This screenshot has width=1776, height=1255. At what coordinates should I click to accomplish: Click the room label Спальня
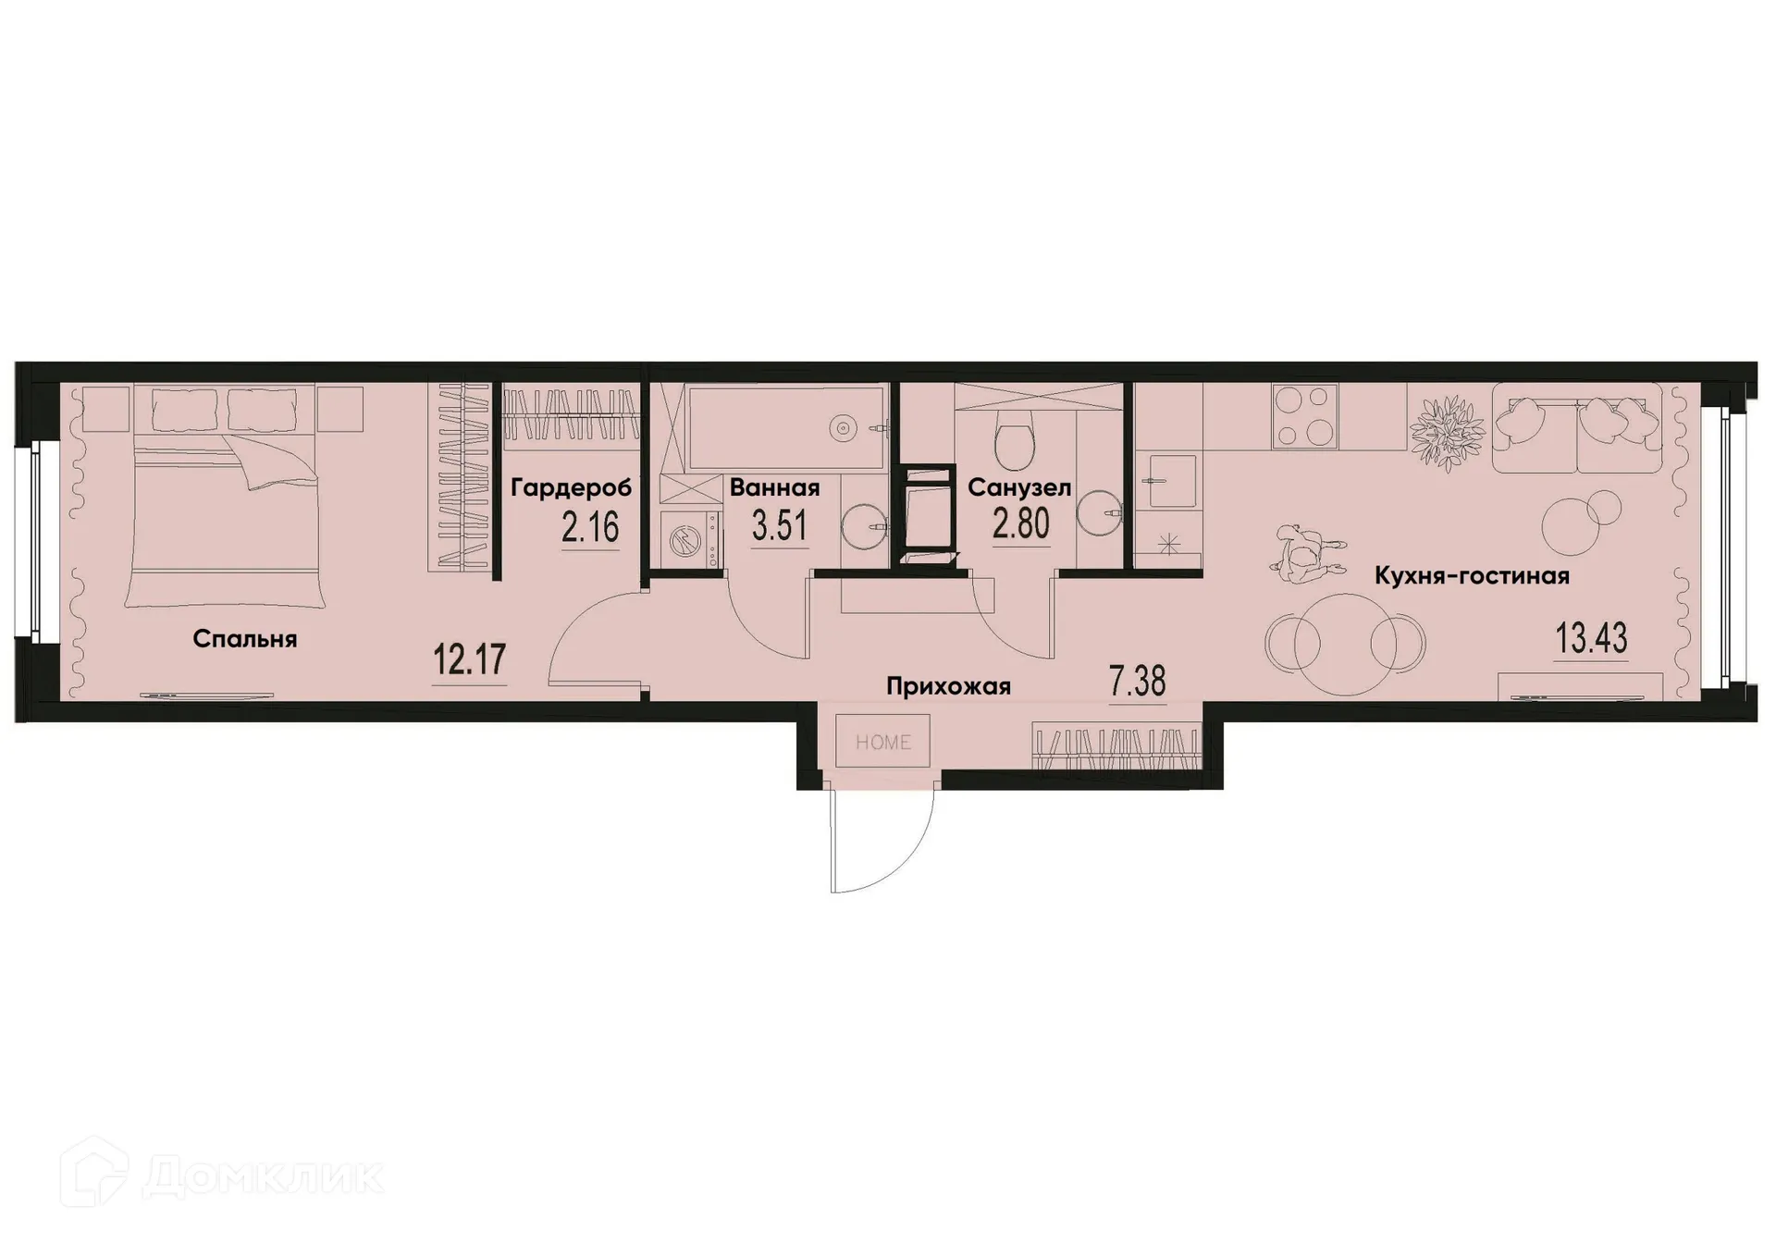pos(245,639)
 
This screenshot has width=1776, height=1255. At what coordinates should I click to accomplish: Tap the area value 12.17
pos(470,660)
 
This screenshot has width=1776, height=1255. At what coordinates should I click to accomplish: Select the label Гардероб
pos(571,488)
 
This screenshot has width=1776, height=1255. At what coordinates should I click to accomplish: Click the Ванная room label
pos(774,488)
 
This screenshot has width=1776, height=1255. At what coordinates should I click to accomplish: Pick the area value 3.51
pos(780,526)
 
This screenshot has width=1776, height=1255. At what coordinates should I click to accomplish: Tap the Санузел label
pos(1019,488)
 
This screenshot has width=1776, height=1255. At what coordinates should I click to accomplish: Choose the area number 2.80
pos(1021,524)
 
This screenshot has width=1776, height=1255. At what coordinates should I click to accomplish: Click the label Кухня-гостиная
pos(1472,576)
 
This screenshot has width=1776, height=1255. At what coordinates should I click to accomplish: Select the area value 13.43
pos(1591,638)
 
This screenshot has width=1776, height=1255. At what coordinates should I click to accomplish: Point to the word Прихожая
pos(948,686)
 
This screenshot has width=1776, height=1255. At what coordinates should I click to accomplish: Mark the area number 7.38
pos(1137,683)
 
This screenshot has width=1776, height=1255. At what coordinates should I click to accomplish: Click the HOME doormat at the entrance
pos(882,741)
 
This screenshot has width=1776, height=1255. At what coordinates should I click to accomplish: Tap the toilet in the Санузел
pos(1015,441)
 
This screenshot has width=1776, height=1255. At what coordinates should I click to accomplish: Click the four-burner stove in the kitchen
pos(1305,415)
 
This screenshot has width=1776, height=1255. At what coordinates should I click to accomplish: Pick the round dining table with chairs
pos(1344,641)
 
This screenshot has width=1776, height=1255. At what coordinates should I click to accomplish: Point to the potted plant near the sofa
pos(1446,432)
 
